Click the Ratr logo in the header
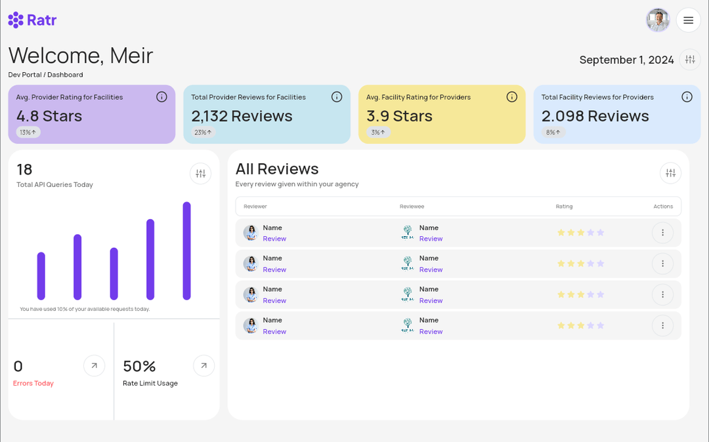click(32, 20)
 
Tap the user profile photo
click(658, 20)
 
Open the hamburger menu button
click(688, 20)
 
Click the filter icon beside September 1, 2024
click(689, 60)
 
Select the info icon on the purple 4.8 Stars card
click(161, 97)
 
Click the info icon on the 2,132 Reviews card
click(337, 97)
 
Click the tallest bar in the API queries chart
click(186, 251)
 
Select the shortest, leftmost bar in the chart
click(41, 275)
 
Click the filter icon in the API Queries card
click(201, 174)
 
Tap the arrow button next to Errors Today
click(94, 366)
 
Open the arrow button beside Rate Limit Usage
click(204, 366)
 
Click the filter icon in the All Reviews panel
click(670, 173)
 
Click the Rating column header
click(564, 207)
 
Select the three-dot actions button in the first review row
click(662, 233)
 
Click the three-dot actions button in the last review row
click(662, 325)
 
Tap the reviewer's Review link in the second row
click(274, 270)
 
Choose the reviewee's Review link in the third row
click(431, 300)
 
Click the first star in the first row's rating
click(561, 233)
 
